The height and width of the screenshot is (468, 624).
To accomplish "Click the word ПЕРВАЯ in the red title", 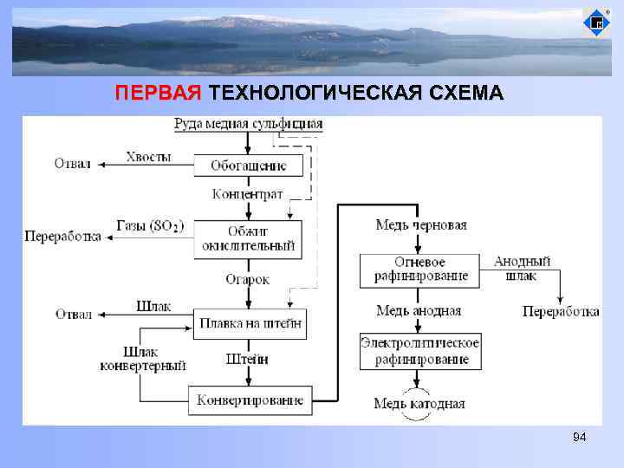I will point(159,94).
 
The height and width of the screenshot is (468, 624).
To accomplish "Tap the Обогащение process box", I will point(248,166).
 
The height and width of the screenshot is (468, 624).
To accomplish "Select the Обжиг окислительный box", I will point(248,238).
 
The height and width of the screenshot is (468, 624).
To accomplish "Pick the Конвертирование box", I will point(250,400).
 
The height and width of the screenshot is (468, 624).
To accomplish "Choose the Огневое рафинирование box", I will point(420,270).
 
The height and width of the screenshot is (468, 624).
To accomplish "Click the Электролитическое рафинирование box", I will point(420,351).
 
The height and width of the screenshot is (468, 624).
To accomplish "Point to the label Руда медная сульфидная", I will point(248,124).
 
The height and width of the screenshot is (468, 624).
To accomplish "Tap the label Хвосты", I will point(148,157).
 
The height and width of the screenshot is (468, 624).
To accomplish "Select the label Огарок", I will point(248,279).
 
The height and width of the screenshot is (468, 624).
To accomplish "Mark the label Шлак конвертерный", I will point(143,359).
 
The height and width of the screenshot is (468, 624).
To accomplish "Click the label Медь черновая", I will point(420,225).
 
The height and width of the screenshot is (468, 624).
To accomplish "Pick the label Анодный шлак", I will point(522,269).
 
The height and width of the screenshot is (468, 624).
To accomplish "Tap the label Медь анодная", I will point(419,310).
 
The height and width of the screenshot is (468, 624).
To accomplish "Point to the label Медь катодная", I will point(419,403).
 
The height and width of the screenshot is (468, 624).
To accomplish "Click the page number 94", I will point(579,438).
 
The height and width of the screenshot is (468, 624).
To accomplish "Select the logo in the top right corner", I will point(596,22).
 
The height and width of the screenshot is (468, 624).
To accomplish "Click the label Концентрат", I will point(248,194).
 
